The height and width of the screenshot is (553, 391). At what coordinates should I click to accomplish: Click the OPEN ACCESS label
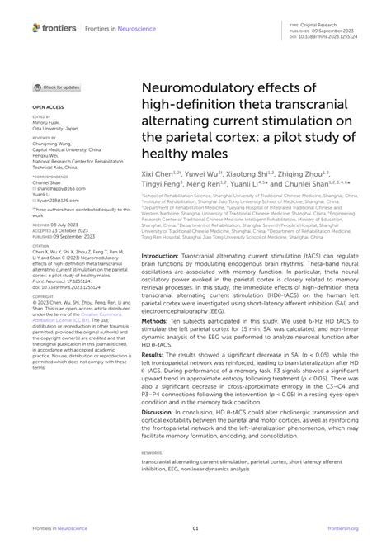49,108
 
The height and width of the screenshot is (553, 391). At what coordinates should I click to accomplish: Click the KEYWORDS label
154,453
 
